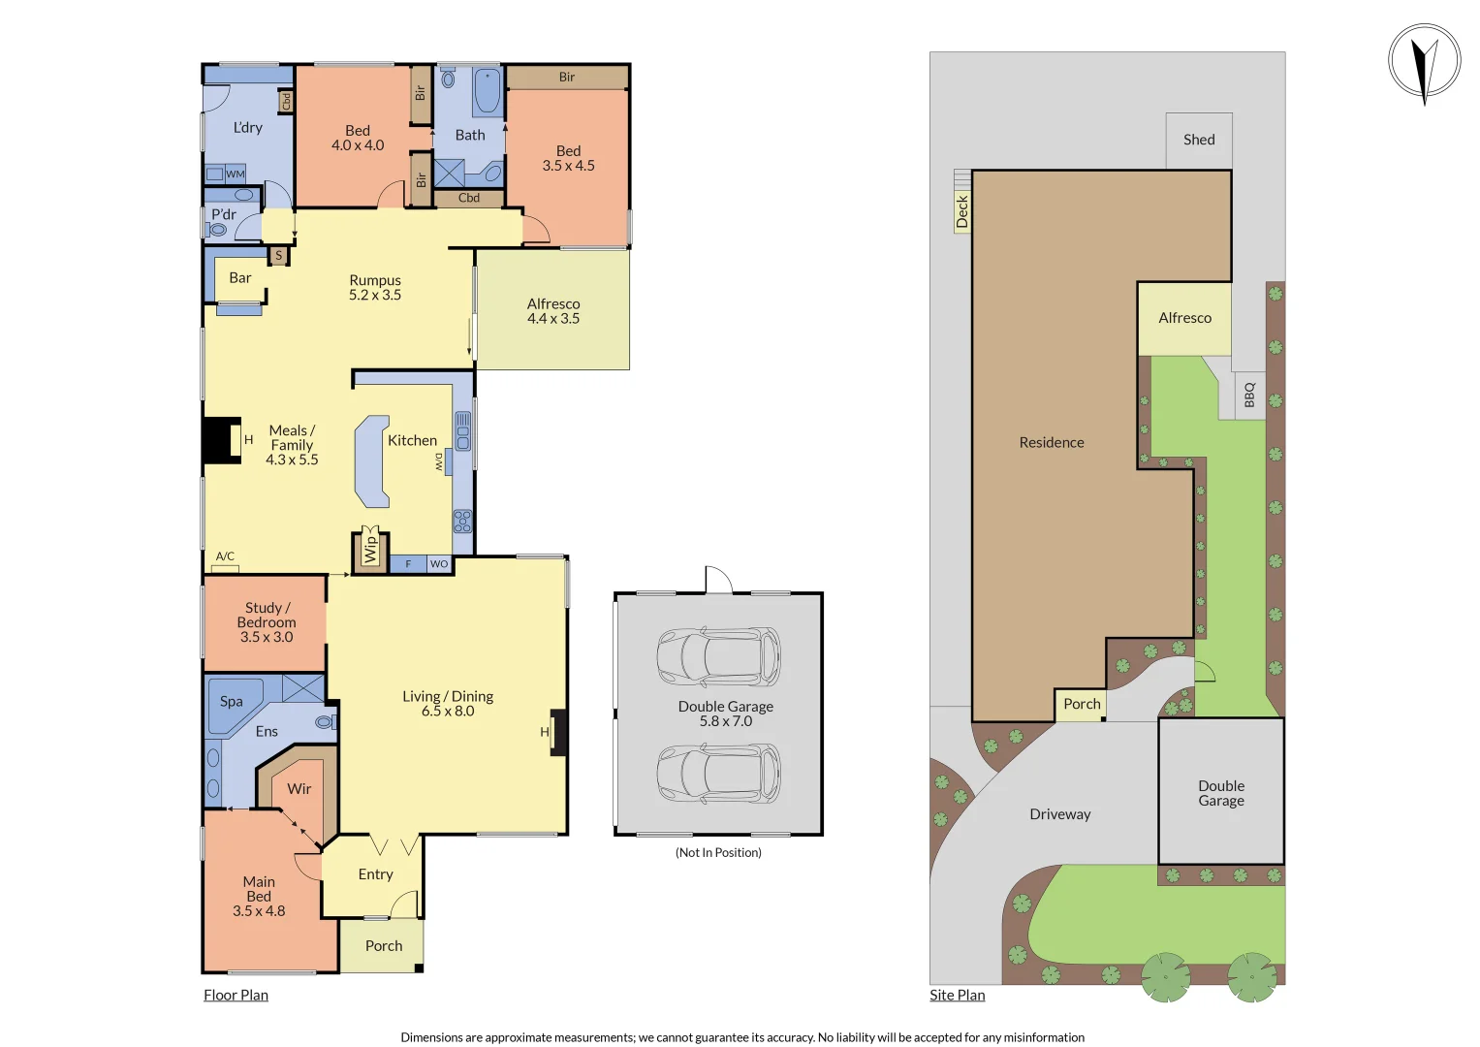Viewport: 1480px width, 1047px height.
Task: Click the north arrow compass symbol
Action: [x=1424, y=62]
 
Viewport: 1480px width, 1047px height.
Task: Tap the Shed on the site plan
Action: [x=1199, y=140]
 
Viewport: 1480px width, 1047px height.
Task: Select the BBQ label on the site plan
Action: [x=1249, y=395]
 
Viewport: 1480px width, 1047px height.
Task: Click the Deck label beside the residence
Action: [x=961, y=211]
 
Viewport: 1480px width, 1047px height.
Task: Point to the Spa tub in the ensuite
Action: [x=233, y=702]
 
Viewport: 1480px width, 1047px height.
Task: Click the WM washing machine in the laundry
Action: [x=235, y=174]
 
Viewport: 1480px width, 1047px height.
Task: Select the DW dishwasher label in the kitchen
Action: [x=439, y=461]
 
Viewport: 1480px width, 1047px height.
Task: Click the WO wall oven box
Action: [x=439, y=564]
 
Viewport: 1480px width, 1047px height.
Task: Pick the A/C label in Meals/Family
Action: [x=225, y=556]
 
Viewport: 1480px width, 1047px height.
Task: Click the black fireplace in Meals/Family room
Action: [x=220, y=440]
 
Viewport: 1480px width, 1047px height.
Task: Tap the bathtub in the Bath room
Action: [x=487, y=91]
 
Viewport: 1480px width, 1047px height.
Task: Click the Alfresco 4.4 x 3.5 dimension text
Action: [x=552, y=319]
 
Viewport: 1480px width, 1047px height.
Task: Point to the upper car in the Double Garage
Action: [x=718, y=656]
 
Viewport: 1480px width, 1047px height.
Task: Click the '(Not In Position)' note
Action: [x=718, y=853]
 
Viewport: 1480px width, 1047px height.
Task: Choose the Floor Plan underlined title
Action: [x=236, y=996]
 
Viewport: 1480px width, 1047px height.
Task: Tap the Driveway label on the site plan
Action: [x=1059, y=814]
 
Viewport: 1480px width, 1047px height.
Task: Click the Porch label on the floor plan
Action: [x=384, y=946]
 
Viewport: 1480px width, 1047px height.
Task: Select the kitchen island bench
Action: [x=371, y=461]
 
